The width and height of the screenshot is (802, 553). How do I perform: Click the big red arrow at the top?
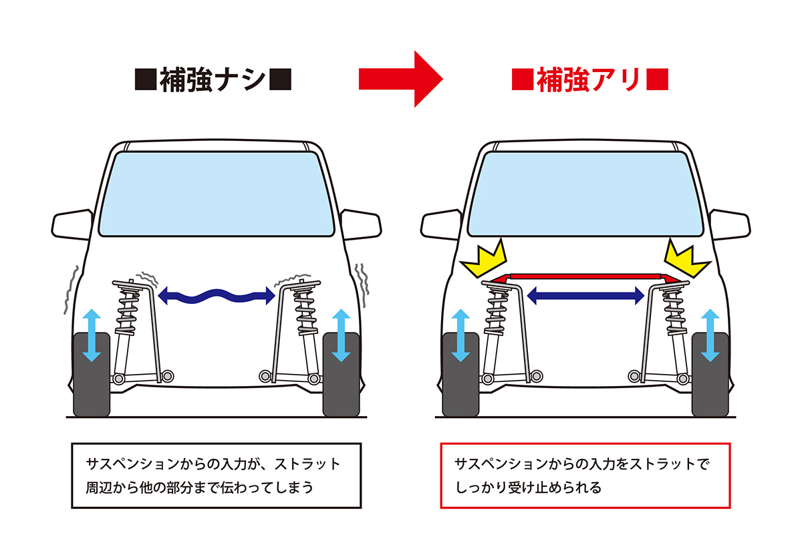click(400, 79)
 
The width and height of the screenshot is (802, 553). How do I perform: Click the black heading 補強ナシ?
click(213, 81)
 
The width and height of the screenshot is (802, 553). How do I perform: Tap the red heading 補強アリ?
click(590, 81)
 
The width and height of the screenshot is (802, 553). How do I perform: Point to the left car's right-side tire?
click(341, 374)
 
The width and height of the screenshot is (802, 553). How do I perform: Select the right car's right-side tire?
click(710, 374)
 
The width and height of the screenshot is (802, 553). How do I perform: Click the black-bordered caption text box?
click(216, 475)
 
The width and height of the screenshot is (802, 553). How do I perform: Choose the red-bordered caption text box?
click(585, 475)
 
